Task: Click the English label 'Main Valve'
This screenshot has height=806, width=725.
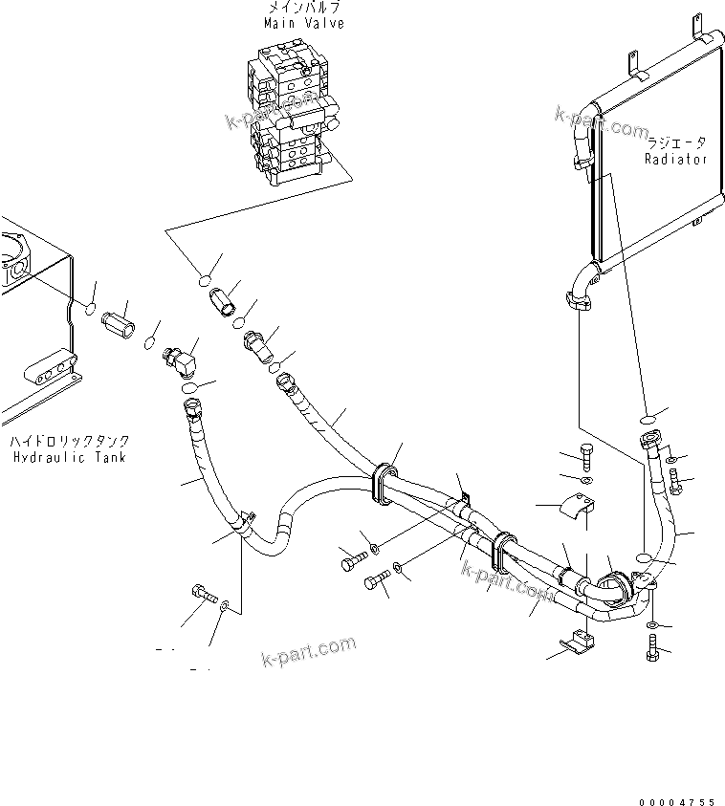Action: point(305,23)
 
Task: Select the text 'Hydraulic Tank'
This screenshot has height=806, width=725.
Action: point(71,457)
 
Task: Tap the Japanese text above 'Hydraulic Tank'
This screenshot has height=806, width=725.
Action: point(70,442)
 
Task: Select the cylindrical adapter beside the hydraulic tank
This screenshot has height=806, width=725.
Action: point(119,321)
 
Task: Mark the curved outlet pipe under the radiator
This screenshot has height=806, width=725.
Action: point(580,287)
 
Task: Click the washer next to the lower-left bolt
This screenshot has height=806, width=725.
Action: point(224,607)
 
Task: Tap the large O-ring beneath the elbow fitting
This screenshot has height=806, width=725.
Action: point(189,389)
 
